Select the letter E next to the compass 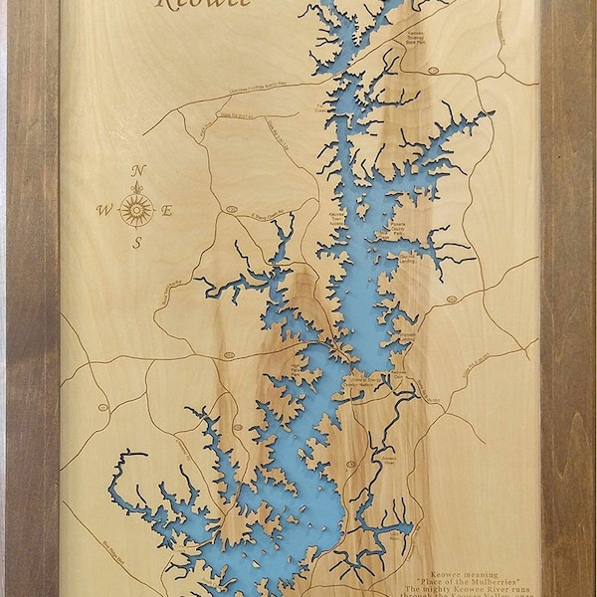pyautogui.click(x=167, y=210)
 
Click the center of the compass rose pyautogui.click(x=136, y=208)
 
